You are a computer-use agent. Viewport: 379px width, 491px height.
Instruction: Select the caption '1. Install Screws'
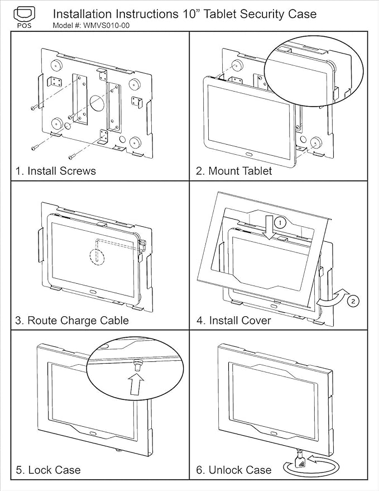[x=55, y=171]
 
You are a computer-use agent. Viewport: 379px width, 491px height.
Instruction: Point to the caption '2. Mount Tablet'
[x=234, y=171]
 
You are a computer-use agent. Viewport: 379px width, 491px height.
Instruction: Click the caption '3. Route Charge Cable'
[x=72, y=320]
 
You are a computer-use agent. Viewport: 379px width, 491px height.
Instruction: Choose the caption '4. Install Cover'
[x=233, y=320]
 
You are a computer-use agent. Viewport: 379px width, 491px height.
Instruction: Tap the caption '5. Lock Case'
[x=48, y=470]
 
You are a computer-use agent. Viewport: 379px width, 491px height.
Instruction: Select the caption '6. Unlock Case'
[x=233, y=470]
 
